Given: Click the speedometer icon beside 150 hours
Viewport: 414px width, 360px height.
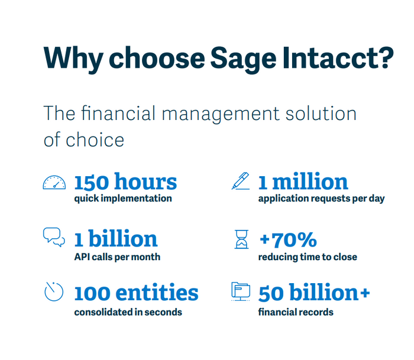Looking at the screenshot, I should point(54,183).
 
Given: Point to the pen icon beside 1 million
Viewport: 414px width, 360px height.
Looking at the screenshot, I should point(240,181).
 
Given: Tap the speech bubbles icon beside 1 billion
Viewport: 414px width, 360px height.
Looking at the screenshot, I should point(54,237).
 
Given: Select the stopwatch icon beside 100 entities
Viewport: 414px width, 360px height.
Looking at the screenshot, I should point(54,291).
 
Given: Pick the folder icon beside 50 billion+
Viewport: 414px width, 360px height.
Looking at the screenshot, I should point(240,291).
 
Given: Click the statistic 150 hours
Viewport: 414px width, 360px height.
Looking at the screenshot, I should point(125,181).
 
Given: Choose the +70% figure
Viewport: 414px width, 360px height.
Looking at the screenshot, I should point(287,239).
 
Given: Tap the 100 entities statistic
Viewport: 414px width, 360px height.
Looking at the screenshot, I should point(136,293).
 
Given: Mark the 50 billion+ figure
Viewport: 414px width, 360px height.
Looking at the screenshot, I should point(314,293).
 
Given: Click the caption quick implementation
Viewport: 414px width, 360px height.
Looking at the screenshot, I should point(123,199).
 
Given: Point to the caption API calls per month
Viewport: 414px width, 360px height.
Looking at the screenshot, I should point(117,257).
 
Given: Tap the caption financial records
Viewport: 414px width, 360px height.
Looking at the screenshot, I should point(296,312).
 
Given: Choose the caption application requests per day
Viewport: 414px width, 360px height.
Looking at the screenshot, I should point(321,199).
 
